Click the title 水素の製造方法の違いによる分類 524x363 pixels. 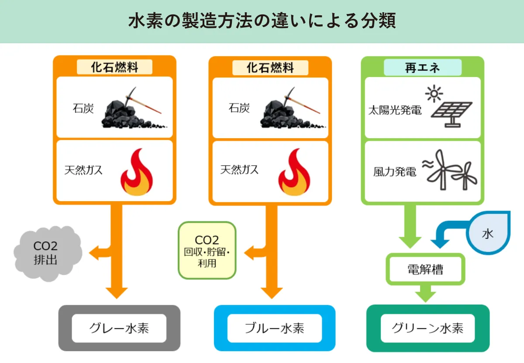click(x=262, y=21)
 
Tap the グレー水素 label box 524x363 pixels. click(x=119, y=328)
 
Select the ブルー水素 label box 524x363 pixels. click(x=275, y=328)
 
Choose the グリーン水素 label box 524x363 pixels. click(x=427, y=328)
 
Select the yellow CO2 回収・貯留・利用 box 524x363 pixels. click(x=207, y=251)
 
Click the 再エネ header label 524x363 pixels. click(x=422, y=68)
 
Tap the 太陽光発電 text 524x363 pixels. click(x=395, y=110)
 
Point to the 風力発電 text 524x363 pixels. click(x=395, y=172)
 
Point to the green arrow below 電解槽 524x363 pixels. click(x=425, y=293)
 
